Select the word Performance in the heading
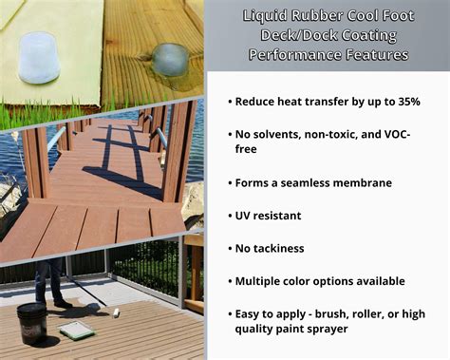293,54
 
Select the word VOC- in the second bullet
420,134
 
